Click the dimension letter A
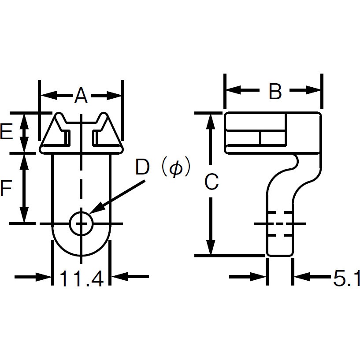[x=81, y=95]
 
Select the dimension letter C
[x=212, y=182]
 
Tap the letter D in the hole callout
[x=143, y=168]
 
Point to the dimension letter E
[x=6, y=132]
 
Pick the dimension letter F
[x=5, y=189]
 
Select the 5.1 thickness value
[x=346, y=278]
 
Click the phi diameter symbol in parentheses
[x=175, y=168]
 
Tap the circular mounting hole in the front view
[x=81, y=224]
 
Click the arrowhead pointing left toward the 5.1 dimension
[x=300, y=277]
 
